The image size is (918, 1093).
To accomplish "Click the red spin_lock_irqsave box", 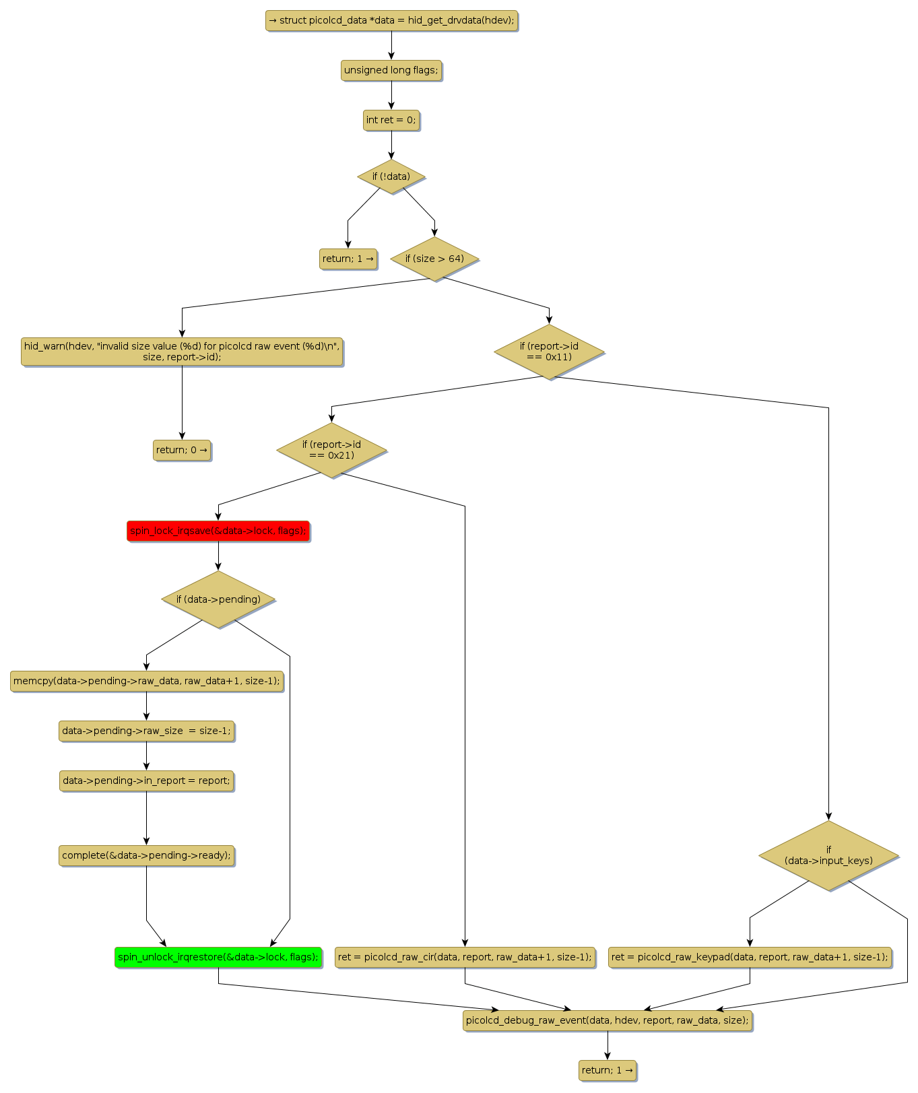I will pyautogui.click(x=218, y=531).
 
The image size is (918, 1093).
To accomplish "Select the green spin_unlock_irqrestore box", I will pyautogui.click(x=218, y=957).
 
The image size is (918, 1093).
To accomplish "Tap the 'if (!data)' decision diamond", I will pyautogui.click(x=391, y=176).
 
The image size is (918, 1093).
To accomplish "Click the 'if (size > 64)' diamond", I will pyautogui.click(x=434, y=259).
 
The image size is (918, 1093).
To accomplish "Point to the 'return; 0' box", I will pyautogui.click(x=182, y=450).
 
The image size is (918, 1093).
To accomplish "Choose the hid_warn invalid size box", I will pyautogui.click(x=182, y=352).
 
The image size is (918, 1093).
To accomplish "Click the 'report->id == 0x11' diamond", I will pyautogui.click(x=549, y=352).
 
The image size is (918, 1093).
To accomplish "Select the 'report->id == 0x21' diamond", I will pyautogui.click(x=331, y=450).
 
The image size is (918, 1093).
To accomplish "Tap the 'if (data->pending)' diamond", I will pyautogui.click(x=218, y=599).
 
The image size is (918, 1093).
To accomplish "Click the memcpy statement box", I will pyautogui.click(x=146, y=681).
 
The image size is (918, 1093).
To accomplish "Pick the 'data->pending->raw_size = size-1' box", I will pyautogui.click(x=146, y=731).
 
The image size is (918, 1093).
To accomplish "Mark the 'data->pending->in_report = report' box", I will pyautogui.click(x=146, y=781).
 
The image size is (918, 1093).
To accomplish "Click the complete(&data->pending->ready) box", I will pyautogui.click(x=146, y=855).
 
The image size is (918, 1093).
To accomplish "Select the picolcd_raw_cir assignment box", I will pyautogui.click(x=465, y=957).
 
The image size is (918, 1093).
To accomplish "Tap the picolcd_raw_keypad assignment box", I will pyautogui.click(x=750, y=957).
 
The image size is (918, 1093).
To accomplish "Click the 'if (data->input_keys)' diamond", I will pyautogui.click(x=828, y=855).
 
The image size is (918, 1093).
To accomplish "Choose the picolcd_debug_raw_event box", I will pyautogui.click(x=607, y=1020).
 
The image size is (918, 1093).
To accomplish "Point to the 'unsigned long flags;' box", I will pyautogui.click(x=391, y=70).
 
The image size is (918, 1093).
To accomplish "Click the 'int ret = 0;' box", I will pyautogui.click(x=391, y=120).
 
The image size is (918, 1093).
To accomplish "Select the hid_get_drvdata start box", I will pyautogui.click(x=391, y=20).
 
